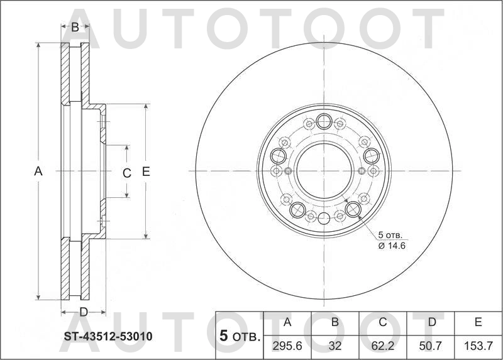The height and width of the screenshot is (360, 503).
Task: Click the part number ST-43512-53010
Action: click(108, 336)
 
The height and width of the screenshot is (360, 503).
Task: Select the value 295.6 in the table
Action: click(287, 345)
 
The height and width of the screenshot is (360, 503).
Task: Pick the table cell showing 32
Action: click(335, 345)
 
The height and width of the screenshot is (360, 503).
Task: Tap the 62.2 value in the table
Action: click(382, 345)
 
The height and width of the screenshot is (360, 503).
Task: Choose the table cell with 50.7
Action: click(431, 345)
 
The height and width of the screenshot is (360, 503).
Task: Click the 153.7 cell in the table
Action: click(478, 345)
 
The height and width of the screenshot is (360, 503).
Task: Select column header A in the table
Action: click(287, 323)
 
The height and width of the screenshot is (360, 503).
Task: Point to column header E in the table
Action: click(478, 323)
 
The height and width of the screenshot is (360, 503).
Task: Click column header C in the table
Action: click(382, 323)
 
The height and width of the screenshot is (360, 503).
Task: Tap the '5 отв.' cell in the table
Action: click(240, 336)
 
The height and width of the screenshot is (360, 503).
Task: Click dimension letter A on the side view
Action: click(38, 171)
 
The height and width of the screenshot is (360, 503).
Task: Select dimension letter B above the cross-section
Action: click(75, 27)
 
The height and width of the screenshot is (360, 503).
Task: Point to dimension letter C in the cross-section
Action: click(126, 173)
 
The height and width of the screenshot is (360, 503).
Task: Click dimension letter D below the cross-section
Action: click(82, 312)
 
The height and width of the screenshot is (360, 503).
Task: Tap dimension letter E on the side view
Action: click(146, 171)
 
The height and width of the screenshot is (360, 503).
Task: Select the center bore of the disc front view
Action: click(323, 170)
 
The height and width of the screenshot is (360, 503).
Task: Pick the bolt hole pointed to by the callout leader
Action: click(353, 209)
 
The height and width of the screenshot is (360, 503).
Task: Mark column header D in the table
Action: click(431, 323)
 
